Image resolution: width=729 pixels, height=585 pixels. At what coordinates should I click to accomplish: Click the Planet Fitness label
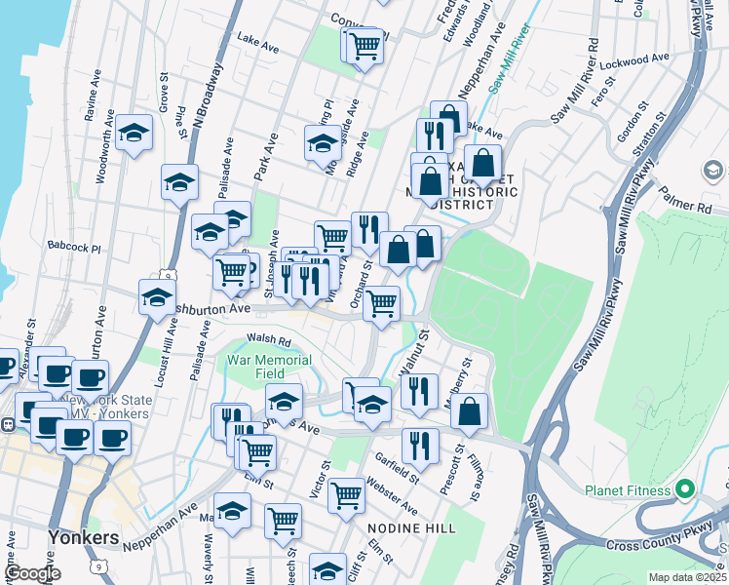click(627, 489)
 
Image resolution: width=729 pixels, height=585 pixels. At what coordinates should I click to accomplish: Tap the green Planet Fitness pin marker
click(684, 488)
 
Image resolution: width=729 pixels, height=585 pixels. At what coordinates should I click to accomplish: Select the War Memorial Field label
click(270, 367)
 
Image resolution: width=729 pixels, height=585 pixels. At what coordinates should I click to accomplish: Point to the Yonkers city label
click(83, 537)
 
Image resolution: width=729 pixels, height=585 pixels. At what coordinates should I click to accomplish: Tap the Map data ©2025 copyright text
click(686, 577)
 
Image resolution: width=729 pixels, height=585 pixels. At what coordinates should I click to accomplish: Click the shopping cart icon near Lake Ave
click(364, 43)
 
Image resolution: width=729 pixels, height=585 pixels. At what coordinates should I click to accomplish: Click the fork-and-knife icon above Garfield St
click(420, 445)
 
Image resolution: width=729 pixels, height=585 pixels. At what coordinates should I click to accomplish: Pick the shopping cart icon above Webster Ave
click(347, 494)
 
